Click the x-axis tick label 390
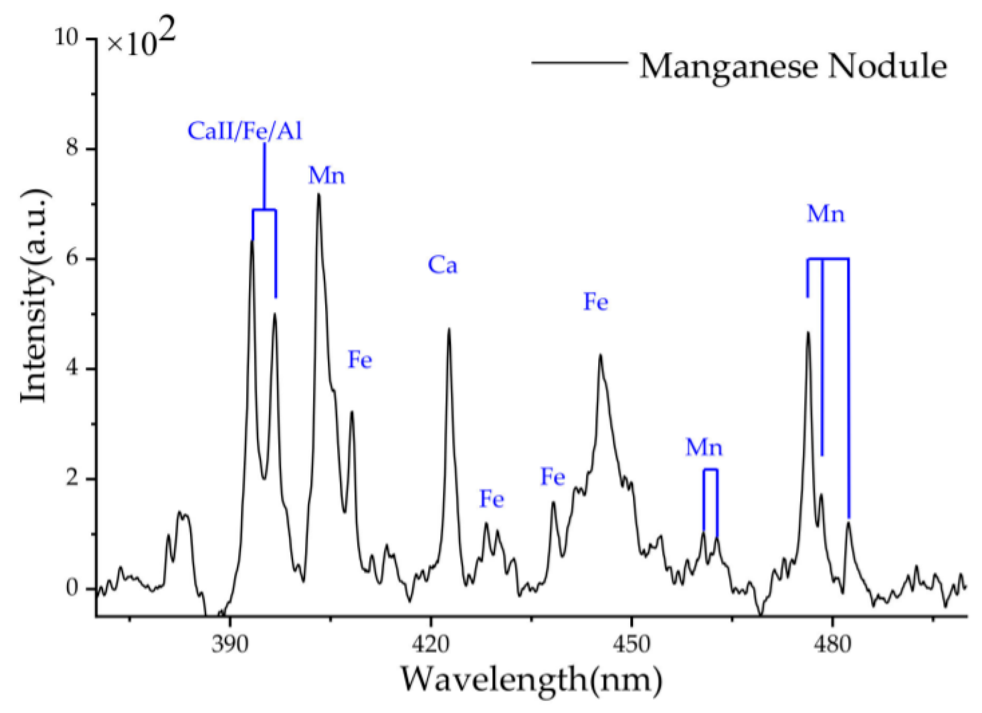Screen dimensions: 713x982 (230, 644)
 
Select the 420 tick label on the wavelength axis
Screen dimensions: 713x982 (431, 644)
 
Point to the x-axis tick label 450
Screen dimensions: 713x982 (632, 644)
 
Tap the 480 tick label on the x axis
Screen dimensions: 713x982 (833, 644)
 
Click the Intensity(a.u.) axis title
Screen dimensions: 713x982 (34, 296)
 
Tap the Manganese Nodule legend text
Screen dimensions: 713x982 (793, 66)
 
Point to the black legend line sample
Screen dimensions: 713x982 (579, 62)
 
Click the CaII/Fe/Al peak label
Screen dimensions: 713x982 (245, 131)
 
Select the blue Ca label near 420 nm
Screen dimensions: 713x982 (442, 265)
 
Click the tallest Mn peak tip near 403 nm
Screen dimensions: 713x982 (319, 195)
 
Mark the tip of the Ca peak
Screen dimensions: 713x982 (449, 329)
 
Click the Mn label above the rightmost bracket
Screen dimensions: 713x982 (826, 214)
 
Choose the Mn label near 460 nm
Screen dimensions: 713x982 (704, 447)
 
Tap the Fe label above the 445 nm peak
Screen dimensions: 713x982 (595, 302)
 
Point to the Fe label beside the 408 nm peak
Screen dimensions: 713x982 (360, 359)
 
